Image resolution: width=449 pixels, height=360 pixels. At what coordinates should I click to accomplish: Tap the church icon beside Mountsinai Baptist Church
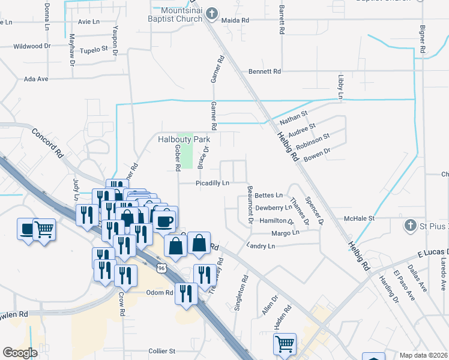(x=210, y=13)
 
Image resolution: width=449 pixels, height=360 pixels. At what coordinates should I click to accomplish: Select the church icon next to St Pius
(x=410, y=226)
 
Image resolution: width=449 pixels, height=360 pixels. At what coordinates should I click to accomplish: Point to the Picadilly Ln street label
(x=212, y=183)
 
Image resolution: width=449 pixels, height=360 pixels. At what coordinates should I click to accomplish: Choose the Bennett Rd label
(x=265, y=71)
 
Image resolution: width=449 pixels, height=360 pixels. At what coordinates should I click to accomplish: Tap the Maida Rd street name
(x=235, y=20)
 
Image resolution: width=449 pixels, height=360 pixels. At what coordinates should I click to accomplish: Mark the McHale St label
(x=359, y=218)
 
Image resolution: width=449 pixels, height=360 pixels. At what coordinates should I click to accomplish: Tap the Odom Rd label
(x=160, y=293)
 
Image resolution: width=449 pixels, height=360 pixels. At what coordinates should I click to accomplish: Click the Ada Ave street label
(x=35, y=79)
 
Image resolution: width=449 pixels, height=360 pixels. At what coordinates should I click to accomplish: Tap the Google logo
(x=20, y=353)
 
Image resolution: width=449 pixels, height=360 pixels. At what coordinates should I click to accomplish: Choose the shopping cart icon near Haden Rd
(x=285, y=344)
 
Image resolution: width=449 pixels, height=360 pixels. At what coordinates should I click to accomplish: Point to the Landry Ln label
(x=261, y=246)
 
